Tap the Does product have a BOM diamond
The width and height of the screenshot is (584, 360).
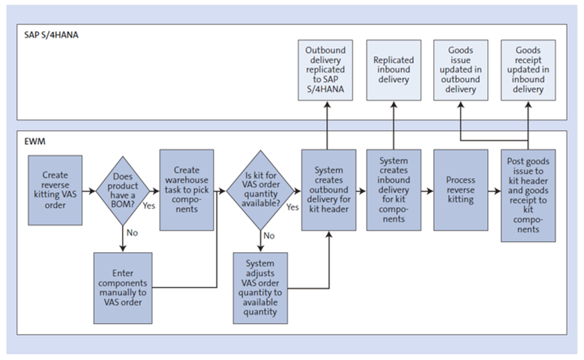pos(119,191)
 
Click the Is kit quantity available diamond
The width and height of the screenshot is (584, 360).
pos(259,191)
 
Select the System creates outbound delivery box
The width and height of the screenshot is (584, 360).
pos(327,190)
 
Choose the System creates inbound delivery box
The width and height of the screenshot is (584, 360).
pos(393,190)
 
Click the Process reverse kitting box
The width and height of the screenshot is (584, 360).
pos(460,190)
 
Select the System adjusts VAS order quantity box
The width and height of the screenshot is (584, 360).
pos(259,288)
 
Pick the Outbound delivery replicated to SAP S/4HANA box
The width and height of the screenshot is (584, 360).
pos(327,69)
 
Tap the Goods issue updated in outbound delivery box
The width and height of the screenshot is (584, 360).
pos(460,69)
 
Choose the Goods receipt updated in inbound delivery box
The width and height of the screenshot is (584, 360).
pos(527,69)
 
